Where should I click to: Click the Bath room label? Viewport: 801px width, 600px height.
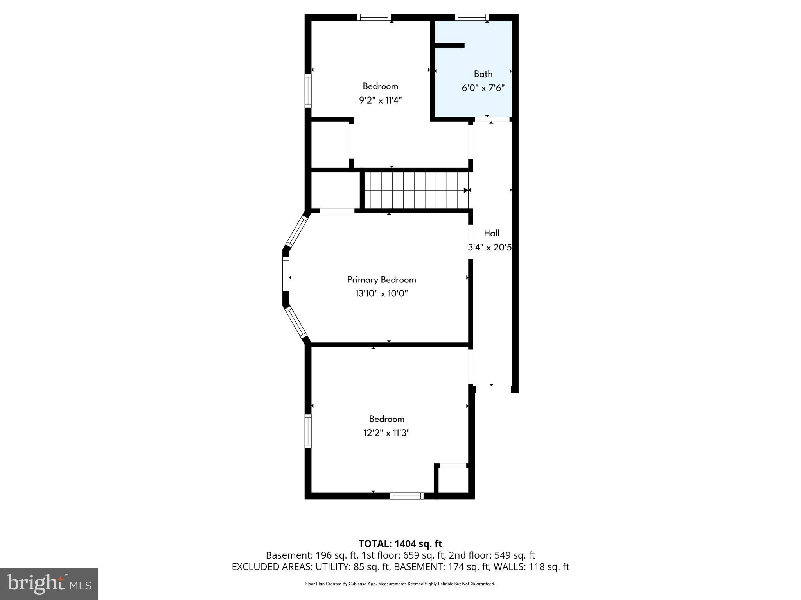(483, 74)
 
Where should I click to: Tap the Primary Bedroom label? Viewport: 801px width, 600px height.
(381, 280)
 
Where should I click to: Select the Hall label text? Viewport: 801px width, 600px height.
(492, 233)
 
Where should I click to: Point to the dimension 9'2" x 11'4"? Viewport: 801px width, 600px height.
(380, 100)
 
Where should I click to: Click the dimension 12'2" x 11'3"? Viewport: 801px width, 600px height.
(386, 433)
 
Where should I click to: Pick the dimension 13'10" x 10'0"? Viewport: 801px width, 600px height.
(381, 293)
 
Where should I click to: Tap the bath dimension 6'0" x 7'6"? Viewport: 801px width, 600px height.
(483, 88)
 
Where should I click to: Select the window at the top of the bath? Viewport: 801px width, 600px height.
(472, 17)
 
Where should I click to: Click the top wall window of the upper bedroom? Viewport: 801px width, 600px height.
(374, 17)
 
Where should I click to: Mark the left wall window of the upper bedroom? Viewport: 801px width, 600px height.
(308, 90)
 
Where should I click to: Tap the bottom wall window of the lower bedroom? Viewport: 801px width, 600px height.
(406, 496)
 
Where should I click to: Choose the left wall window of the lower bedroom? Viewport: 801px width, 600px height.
(308, 431)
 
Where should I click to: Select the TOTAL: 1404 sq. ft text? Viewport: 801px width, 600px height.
(400, 544)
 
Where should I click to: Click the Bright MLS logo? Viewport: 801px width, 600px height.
(48, 584)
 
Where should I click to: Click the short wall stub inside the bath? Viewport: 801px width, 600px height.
(450, 45)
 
